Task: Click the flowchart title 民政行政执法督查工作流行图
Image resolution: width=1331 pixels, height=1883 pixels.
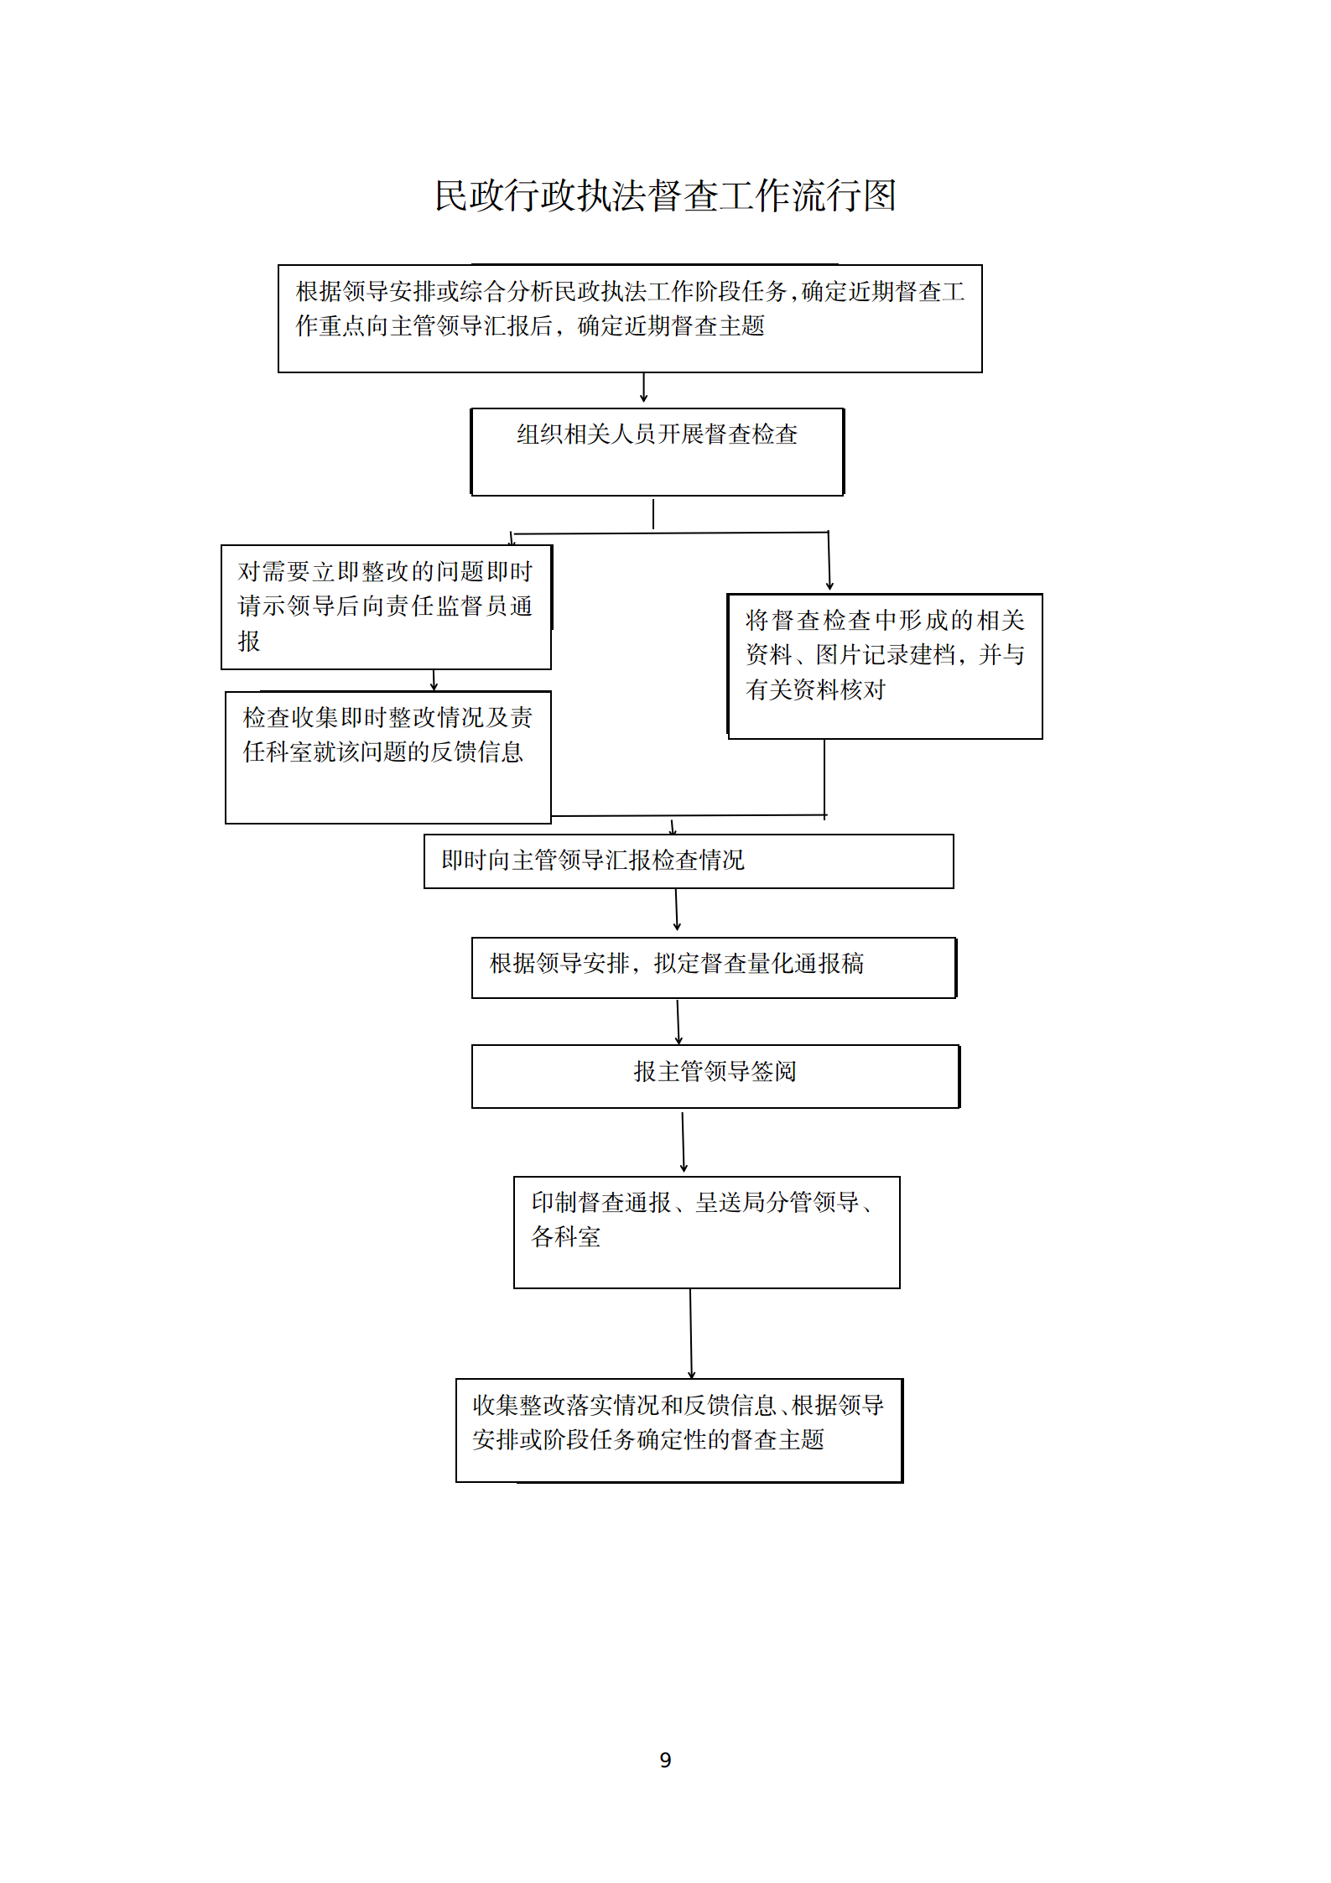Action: tap(666, 195)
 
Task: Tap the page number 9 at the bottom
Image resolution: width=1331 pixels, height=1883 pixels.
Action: tap(665, 1759)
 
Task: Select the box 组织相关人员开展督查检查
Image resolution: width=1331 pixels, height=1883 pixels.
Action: tap(658, 452)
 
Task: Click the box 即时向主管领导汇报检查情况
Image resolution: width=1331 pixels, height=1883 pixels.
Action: tap(689, 861)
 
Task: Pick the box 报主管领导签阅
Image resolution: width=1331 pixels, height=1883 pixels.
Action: tap(715, 1076)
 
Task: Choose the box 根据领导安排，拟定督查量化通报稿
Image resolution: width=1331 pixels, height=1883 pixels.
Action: tap(714, 968)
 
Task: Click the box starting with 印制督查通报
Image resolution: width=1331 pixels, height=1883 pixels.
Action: tap(707, 1232)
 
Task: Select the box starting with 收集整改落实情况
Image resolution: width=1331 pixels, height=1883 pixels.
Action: tap(679, 1430)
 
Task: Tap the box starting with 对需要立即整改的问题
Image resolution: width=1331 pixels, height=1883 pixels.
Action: tap(387, 607)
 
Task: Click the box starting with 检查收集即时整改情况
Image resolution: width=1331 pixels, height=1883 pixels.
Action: tap(388, 757)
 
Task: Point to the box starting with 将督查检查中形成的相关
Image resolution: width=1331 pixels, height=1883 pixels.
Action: tap(885, 667)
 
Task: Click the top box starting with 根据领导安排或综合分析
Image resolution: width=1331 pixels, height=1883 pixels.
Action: tap(630, 319)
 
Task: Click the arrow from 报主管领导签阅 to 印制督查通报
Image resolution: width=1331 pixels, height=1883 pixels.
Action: tap(683, 1142)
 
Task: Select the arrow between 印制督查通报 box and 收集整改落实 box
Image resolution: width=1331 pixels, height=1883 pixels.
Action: tap(691, 1334)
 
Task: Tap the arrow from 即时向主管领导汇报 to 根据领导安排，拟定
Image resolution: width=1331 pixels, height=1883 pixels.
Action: tap(677, 910)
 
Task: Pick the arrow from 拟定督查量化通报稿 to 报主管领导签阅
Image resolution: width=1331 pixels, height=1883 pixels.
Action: tap(678, 1022)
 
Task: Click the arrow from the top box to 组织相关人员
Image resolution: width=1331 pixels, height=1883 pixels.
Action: tap(643, 388)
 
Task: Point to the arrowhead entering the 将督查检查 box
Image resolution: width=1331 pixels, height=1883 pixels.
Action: tap(829, 585)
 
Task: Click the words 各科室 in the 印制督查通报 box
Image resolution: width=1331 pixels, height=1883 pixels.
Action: tap(566, 1237)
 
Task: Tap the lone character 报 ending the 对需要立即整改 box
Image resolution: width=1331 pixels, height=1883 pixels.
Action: tap(249, 642)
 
